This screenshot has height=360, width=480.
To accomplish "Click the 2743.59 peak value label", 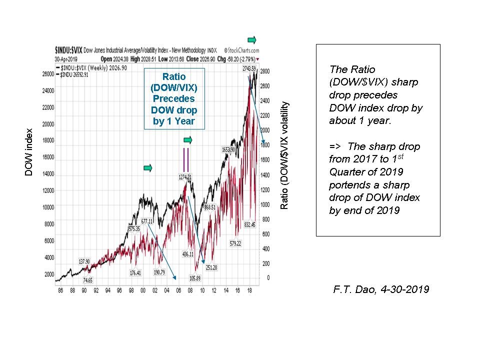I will coord(248,68).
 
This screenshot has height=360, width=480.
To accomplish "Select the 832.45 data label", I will coord(249,224).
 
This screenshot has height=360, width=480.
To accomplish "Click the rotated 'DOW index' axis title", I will coord(28,150).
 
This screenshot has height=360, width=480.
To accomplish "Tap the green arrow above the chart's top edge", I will coord(253,39).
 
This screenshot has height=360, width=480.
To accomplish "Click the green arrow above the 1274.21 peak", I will coord(188,139).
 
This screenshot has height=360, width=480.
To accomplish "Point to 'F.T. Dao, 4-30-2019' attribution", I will coord(380,289).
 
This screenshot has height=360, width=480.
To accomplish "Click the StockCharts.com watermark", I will coord(241,50).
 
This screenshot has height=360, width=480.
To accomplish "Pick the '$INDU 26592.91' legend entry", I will coord(73,75).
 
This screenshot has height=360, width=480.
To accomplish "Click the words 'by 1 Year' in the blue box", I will coord(173,121).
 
